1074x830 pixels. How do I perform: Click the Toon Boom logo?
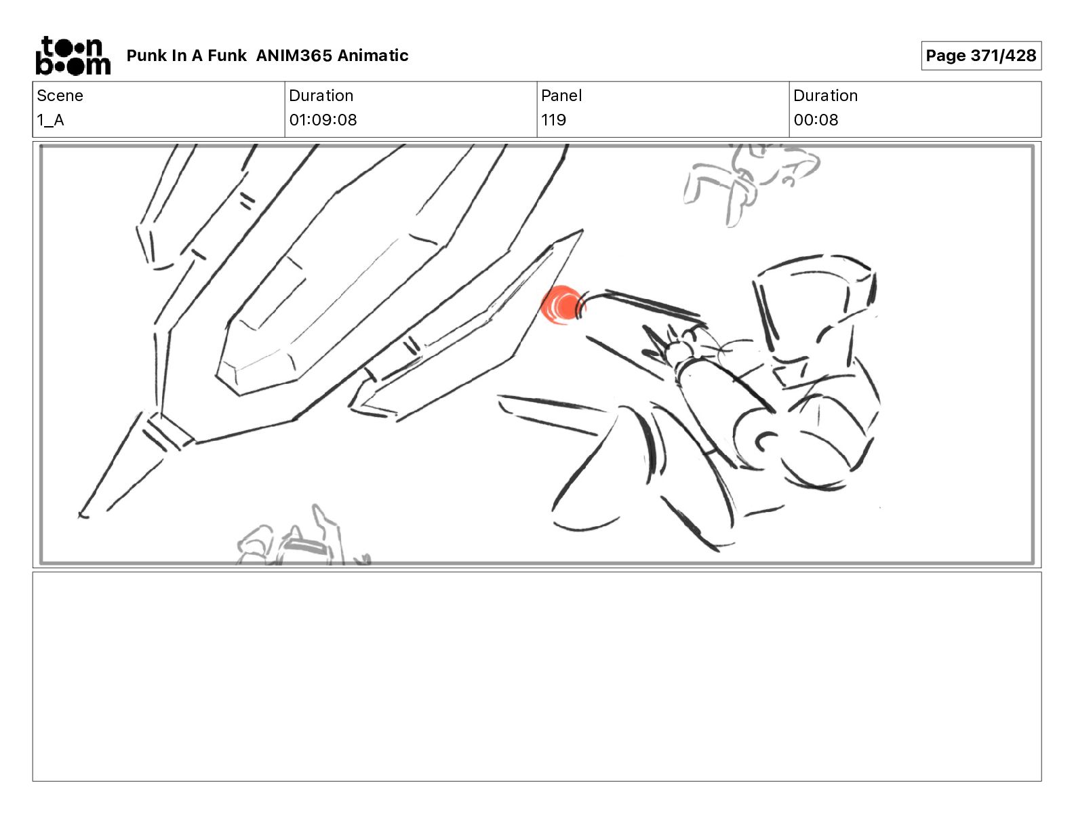pyautogui.click(x=73, y=56)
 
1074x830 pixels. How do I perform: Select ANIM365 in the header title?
pyautogui.click(x=294, y=56)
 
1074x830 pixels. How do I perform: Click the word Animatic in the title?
pyautogui.click(x=373, y=56)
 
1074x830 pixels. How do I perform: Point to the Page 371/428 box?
pyautogui.click(x=981, y=56)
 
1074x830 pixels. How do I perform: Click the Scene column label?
pyautogui.click(x=60, y=96)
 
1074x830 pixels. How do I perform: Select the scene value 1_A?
pyautogui.click(x=50, y=120)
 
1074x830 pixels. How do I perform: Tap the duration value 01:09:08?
pyautogui.click(x=323, y=120)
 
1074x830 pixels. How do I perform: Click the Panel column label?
pyautogui.click(x=561, y=96)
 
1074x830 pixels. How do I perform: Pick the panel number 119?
pyautogui.click(x=553, y=120)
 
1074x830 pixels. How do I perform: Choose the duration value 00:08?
pyautogui.click(x=816, y=120)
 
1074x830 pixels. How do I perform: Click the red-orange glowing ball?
pyautogui.click(x=563, y=306)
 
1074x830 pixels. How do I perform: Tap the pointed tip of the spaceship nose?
pyautogui.click(x=81, y=515)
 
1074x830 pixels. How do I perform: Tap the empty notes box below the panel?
pyautogui.click(x=537, y=677)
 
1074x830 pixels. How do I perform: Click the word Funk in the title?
pyautogui.click(x=226, y=56)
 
